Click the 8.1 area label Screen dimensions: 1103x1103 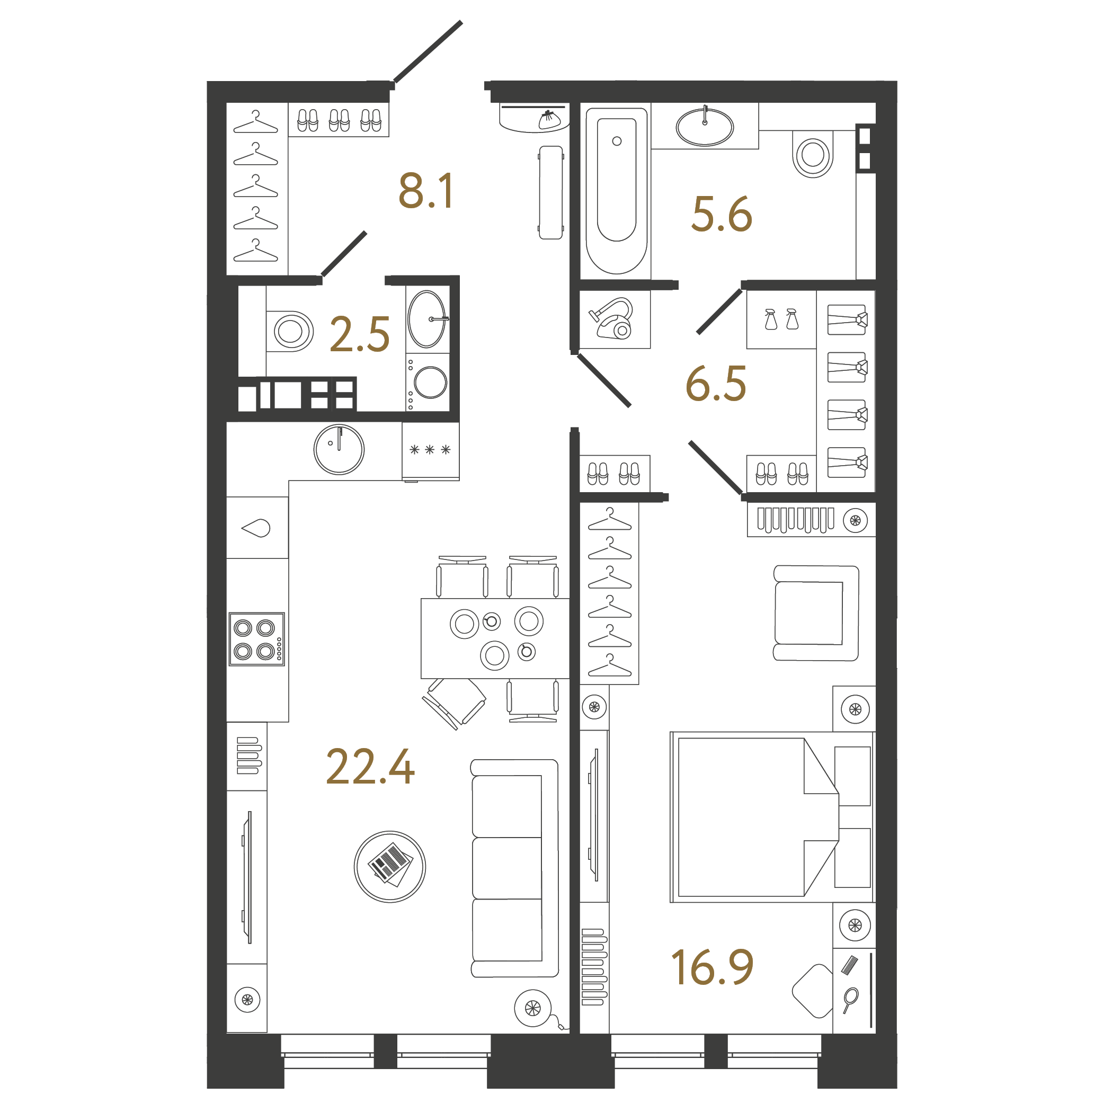(426, 191)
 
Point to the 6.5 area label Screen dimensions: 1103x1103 (716, 383)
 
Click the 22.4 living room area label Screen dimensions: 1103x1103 (370, 767)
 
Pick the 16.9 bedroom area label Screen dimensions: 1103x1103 (712, 968)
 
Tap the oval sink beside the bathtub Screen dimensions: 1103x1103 (705, 127)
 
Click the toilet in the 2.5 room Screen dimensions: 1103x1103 (290, 331)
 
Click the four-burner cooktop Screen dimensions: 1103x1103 (257, 639)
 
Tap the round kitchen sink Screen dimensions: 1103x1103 (339, 449)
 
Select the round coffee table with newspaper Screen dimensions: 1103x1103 (390, 867)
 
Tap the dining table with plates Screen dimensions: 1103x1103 (495, 638)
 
